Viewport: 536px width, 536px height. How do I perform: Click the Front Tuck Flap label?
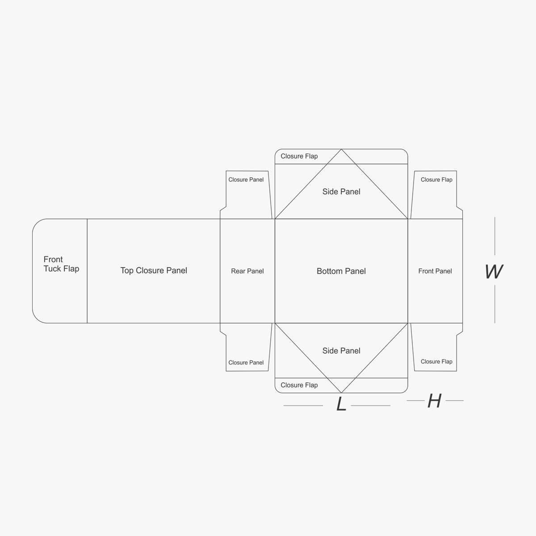click(61, 264)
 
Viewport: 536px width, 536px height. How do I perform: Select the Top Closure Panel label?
click(154, 270)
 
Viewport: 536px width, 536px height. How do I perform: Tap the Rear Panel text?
click(247, 271)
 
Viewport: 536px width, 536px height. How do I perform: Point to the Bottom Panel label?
click(341, 271)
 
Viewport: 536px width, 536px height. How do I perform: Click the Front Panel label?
click(435, 271)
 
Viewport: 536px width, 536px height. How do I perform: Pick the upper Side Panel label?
click(341, 192)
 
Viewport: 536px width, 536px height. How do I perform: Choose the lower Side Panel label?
click(341, 351)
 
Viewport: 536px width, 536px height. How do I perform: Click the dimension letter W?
click(494, 272)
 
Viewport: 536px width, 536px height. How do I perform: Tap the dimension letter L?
click(341, 404)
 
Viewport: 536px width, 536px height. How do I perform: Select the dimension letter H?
click(435, 401)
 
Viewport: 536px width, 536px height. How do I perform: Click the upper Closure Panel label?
click(246, 180)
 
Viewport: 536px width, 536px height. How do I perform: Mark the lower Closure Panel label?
click(246, 363)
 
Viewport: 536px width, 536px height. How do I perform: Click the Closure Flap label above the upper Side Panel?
click(299, 156)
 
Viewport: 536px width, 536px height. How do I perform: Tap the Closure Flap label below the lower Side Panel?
click(299, 385)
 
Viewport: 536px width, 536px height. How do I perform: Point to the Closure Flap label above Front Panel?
click(436, 180)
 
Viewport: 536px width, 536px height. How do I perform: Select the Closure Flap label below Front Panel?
click(436, 362)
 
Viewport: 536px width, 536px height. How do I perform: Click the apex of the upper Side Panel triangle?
click(341, 149)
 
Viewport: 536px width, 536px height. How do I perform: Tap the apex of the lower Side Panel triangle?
click(341, 393)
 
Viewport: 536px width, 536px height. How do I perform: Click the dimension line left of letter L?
click(303, 406)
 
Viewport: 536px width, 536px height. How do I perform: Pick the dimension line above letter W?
click(495, 236)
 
